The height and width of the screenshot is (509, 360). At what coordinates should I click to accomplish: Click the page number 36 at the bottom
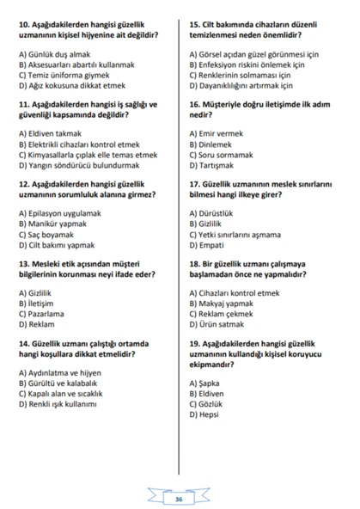pos(179,499)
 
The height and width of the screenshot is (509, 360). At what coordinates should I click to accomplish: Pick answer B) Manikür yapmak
pos(58,223)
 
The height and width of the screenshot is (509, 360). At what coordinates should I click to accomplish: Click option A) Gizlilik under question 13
pos(40,292)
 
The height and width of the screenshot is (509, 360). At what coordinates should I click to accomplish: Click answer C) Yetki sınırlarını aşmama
pos(241,233)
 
